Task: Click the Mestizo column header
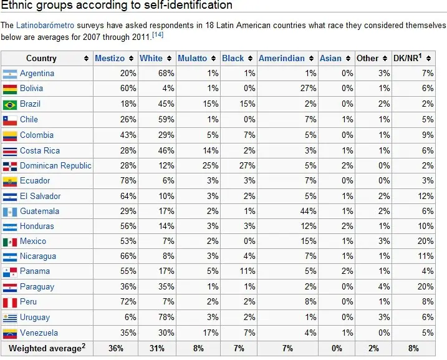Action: click(110, 58)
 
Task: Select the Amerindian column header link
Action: click(281, 58)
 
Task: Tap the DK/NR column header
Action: click(407, 58)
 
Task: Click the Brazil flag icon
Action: click(9, 104)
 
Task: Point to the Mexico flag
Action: click(9, 241)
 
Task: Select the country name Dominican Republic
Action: click(55, 165)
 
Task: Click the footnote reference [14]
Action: click(158, 35)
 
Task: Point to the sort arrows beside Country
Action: click(86, 59)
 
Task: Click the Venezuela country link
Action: click(39, 333)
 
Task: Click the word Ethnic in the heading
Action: click(17, 6)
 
